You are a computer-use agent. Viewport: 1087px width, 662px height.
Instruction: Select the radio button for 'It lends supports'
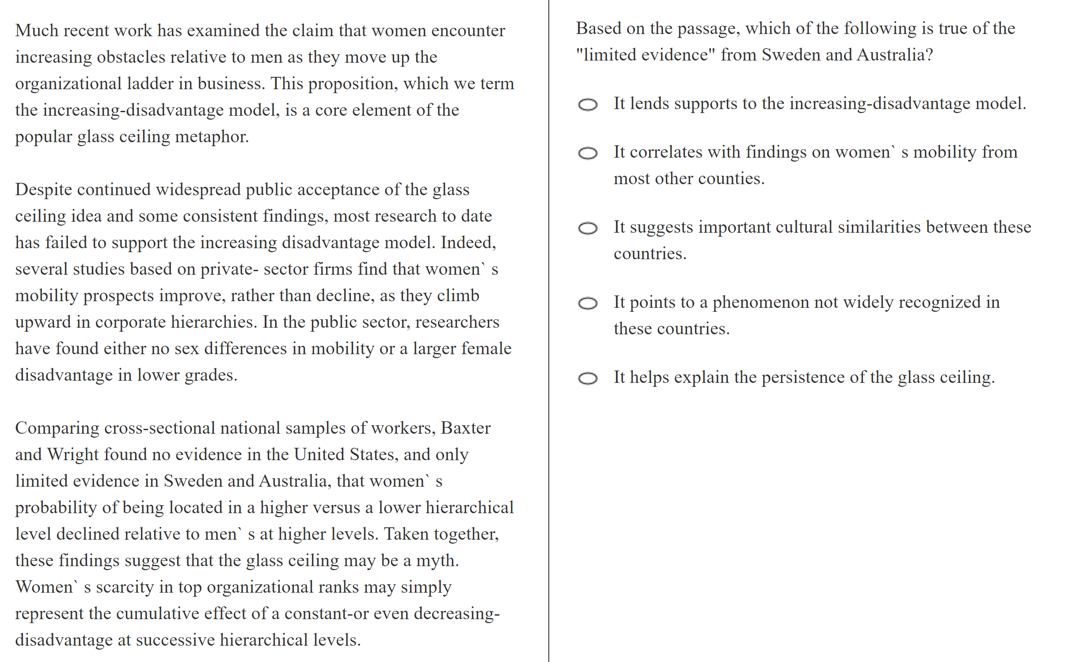(x=587, y=105)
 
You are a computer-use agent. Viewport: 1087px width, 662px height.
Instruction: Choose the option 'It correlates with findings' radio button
(x=587, y=153)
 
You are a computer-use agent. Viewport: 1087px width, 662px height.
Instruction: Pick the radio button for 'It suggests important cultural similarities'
(x=587, y=228)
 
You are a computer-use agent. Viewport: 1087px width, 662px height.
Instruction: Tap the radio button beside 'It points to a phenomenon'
(x=587, y=303)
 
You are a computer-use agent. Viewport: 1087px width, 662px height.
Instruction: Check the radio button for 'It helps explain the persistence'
(x=587, y=378)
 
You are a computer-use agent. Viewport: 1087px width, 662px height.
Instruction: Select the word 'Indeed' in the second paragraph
(x=468, y=242)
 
